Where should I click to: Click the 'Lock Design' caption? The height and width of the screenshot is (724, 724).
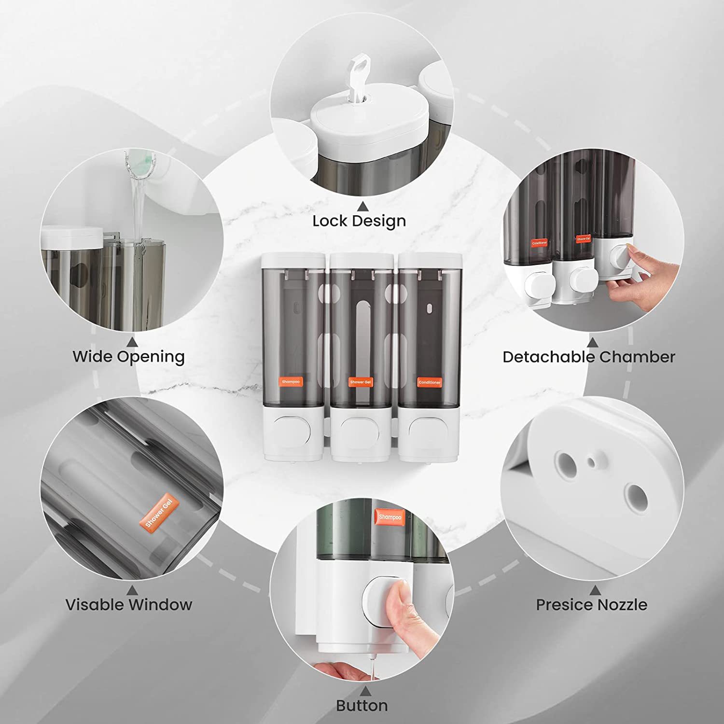pyautogui.click(x=359, y=221)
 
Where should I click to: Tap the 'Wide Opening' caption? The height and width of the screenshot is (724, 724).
pyautogui.click(x=128, y=357)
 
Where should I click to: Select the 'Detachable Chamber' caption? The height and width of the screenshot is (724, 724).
pyautogui.click(x=588, y=357)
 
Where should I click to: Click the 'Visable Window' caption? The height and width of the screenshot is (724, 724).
pyautogui.click(x=128, y=604)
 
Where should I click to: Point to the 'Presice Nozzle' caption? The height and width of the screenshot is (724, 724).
pyautogui.click(x=591, y=604)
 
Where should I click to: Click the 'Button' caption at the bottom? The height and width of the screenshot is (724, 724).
pyautogui.click(x=362, y=706)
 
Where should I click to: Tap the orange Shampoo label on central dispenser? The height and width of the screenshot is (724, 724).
pyautogui.click(x=291, y=382)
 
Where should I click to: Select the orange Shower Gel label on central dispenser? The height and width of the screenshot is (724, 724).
pyautogui.click(x=360, y=382)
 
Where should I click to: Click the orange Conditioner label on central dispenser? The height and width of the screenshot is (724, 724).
pyautogui.click(x=429, y=382)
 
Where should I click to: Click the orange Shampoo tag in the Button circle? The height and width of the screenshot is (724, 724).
pyautogui.click(x=390, y=517)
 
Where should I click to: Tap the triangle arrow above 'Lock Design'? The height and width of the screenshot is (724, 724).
pyautogui.click(x=362, y=207)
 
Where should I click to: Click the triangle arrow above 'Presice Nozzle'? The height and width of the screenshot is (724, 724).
pyautogui.click(x=595, y=590)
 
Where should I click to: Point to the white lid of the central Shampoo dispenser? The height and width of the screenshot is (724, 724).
pyautogui.click(x=292, y=261)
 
